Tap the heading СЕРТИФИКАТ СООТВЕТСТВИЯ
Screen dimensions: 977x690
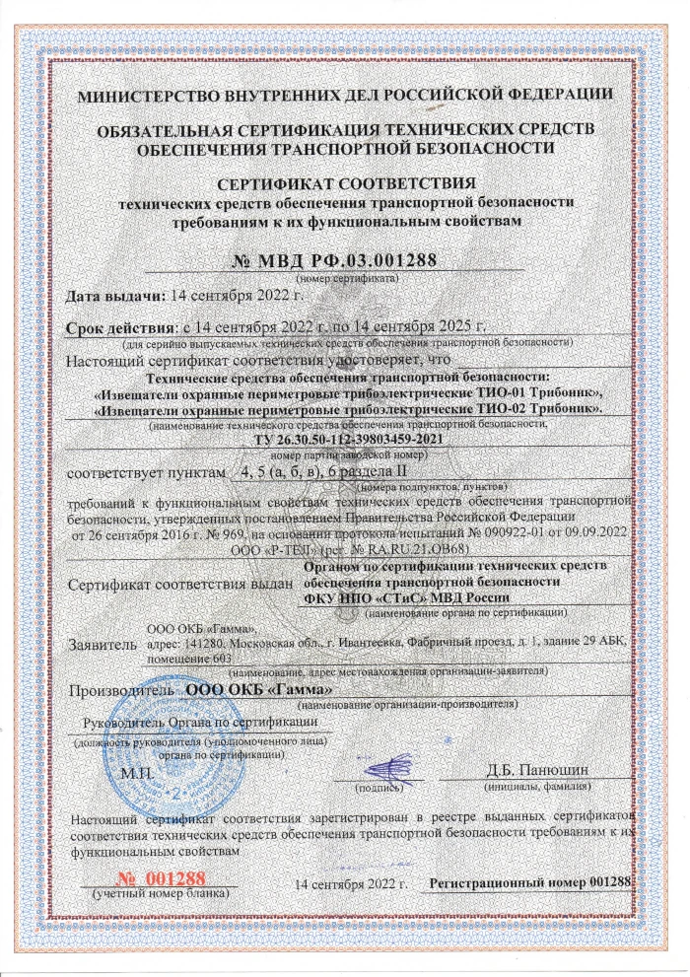[x=345, y=184]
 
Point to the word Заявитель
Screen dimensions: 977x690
[x=100, y=646]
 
